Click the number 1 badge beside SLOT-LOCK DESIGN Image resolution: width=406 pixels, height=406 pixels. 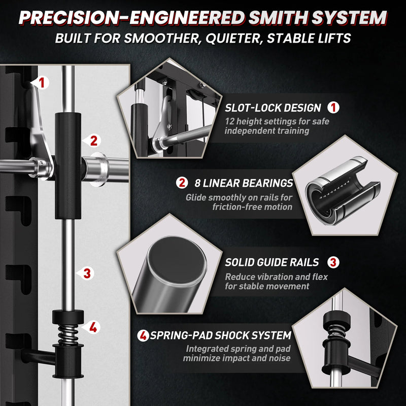tap(333, 108)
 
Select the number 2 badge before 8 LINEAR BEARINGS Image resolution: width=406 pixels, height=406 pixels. tap(182, 183)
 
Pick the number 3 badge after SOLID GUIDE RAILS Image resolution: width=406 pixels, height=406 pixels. tap(333, 262)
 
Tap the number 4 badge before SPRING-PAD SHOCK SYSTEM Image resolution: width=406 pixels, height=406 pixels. tap(143, 335)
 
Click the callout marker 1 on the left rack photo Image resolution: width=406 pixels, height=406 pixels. tap(41, 83)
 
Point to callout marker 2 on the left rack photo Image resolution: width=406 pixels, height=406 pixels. tap(92, 141)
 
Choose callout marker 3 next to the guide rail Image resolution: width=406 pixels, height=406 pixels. tap(86, 274)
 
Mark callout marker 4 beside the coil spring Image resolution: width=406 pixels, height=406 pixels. tap(92, 327)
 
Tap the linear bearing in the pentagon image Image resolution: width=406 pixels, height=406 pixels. tap(342, 190)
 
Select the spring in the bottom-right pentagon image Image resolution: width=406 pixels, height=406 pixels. tap(336, 332)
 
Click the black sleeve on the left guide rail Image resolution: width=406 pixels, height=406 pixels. tap(68, 166)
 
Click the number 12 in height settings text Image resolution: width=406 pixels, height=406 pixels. tap(229, 121)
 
